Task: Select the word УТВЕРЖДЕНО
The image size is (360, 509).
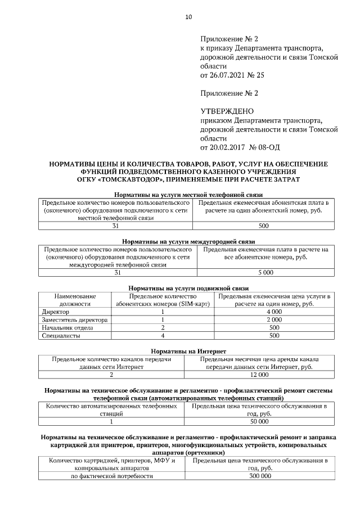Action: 227,111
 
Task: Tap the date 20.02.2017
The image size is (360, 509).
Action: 231,147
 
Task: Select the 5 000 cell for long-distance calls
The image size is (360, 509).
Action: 265,273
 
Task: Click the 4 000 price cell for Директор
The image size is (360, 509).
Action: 273,312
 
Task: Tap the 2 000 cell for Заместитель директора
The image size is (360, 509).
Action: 273,319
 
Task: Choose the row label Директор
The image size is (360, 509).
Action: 56,312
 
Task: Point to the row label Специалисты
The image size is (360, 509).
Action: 61,336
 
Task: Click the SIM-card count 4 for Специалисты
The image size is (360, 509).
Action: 162,336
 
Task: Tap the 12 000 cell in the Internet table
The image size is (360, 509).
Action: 259,374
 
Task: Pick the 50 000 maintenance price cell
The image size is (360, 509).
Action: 259,421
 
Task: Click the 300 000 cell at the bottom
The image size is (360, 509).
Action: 259,476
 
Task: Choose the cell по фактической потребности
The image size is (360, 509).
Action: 111,476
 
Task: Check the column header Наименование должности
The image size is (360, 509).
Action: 75,300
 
